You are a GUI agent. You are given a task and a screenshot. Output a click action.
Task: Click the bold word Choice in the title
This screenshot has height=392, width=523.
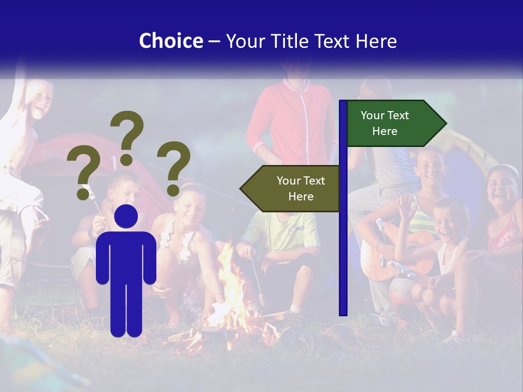171,41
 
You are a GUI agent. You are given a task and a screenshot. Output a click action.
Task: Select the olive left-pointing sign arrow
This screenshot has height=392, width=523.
291,188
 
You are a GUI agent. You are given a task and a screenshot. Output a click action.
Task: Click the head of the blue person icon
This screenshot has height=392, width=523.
126,216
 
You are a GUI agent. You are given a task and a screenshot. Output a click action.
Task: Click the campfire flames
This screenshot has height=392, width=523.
232,299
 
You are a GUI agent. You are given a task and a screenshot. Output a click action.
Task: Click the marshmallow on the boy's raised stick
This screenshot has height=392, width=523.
87,191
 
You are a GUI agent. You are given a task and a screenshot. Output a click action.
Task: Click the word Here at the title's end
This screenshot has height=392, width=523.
376,41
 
